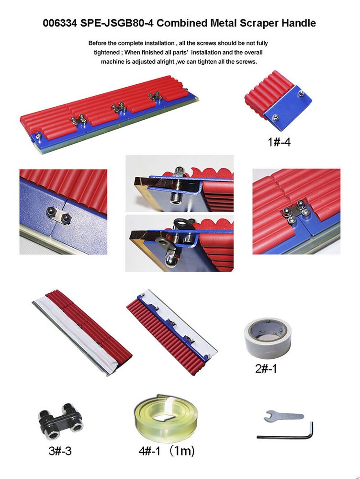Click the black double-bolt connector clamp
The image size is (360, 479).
tap(59, 422)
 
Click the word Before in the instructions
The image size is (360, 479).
tap(100, 43)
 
